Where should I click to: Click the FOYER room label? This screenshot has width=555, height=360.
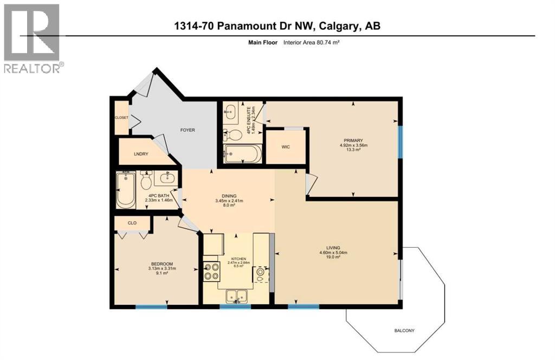coord(188,130)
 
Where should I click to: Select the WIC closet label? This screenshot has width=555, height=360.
coord(287,146)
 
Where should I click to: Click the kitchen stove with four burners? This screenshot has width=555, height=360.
coord(211,270)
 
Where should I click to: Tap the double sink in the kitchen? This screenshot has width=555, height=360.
coord(236,296)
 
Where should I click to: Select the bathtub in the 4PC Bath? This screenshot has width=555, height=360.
coord(126,190)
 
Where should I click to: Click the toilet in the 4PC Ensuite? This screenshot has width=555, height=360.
coord(235,133)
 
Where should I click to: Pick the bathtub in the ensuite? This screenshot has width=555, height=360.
coord(242,153)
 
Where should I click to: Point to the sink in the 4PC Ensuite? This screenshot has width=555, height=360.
coord(230,112)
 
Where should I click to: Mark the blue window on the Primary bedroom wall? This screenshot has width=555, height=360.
coord(401,142)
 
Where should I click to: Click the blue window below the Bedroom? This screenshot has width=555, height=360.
coord(151,307)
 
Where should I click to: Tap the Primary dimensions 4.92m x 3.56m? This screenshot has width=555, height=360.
coord(353,145)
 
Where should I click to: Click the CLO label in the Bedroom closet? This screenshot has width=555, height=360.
coord(132,222)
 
